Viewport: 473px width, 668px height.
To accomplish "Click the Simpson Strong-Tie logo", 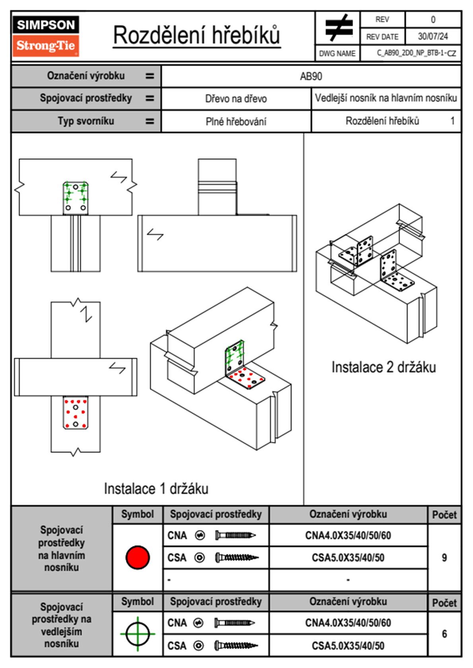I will (46, 36).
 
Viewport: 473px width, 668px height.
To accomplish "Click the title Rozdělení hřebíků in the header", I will (197, 35).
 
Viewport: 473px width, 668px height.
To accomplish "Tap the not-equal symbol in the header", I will (338, 28).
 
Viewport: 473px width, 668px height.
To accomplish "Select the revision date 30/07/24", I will (432, 37).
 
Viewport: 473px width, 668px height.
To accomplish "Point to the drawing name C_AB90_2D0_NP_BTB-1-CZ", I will (416, 53).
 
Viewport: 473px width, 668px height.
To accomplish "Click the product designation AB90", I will (311, 76).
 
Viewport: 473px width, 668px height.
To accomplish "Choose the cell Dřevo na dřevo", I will (236, 99).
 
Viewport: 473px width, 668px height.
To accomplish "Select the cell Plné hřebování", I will (236, 122).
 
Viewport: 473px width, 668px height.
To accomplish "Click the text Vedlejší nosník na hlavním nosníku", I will (386, 98).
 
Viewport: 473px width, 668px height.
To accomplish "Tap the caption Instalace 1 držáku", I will (156, 488).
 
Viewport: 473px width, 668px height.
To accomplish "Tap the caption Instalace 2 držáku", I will (384, 367).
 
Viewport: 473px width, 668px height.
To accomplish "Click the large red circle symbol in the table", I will (138, 557).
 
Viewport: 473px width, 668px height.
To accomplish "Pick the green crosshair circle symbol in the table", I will (138, 634).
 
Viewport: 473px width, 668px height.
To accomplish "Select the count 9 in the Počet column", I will (444, 558).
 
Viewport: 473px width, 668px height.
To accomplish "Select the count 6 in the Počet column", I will (444, 634).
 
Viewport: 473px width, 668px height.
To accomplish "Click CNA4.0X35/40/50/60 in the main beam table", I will (348, 535).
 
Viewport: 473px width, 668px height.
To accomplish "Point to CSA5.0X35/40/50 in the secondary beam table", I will (348, 646).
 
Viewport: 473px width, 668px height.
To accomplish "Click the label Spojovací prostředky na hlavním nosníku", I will (62, 548).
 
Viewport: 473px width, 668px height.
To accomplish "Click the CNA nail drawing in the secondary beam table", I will (235, 623).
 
